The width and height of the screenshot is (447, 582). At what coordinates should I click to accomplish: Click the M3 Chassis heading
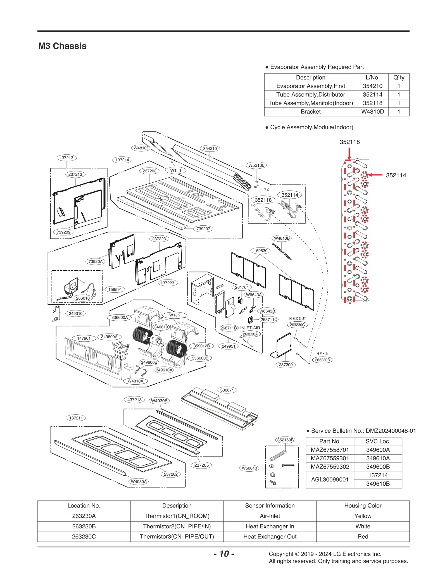62,46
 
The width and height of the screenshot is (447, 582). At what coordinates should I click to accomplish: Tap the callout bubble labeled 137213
66,158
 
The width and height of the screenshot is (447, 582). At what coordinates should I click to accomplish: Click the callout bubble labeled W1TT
176,170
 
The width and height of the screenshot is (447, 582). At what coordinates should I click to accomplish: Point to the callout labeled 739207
203,229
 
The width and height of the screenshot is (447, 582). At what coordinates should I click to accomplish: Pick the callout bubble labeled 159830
260,251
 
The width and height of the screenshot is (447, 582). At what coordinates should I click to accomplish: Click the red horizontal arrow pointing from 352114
375,175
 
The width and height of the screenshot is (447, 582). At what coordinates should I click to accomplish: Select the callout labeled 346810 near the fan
161,327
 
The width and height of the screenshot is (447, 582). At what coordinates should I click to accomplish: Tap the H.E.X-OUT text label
297,319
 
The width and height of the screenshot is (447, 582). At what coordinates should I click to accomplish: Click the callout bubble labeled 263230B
322,360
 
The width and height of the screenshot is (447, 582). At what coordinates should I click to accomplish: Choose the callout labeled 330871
227,390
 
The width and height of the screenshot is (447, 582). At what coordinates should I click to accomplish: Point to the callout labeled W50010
249,468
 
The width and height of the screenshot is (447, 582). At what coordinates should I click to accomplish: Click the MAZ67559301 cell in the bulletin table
330,458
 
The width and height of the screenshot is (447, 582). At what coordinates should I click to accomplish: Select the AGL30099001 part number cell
330,480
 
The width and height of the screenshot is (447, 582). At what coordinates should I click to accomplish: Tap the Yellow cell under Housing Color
363,516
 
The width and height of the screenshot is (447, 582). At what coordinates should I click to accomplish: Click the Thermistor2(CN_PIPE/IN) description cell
177,526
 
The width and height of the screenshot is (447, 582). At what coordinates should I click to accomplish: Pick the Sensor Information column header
270,505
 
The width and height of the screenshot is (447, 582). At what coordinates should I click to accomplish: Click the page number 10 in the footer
224,554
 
